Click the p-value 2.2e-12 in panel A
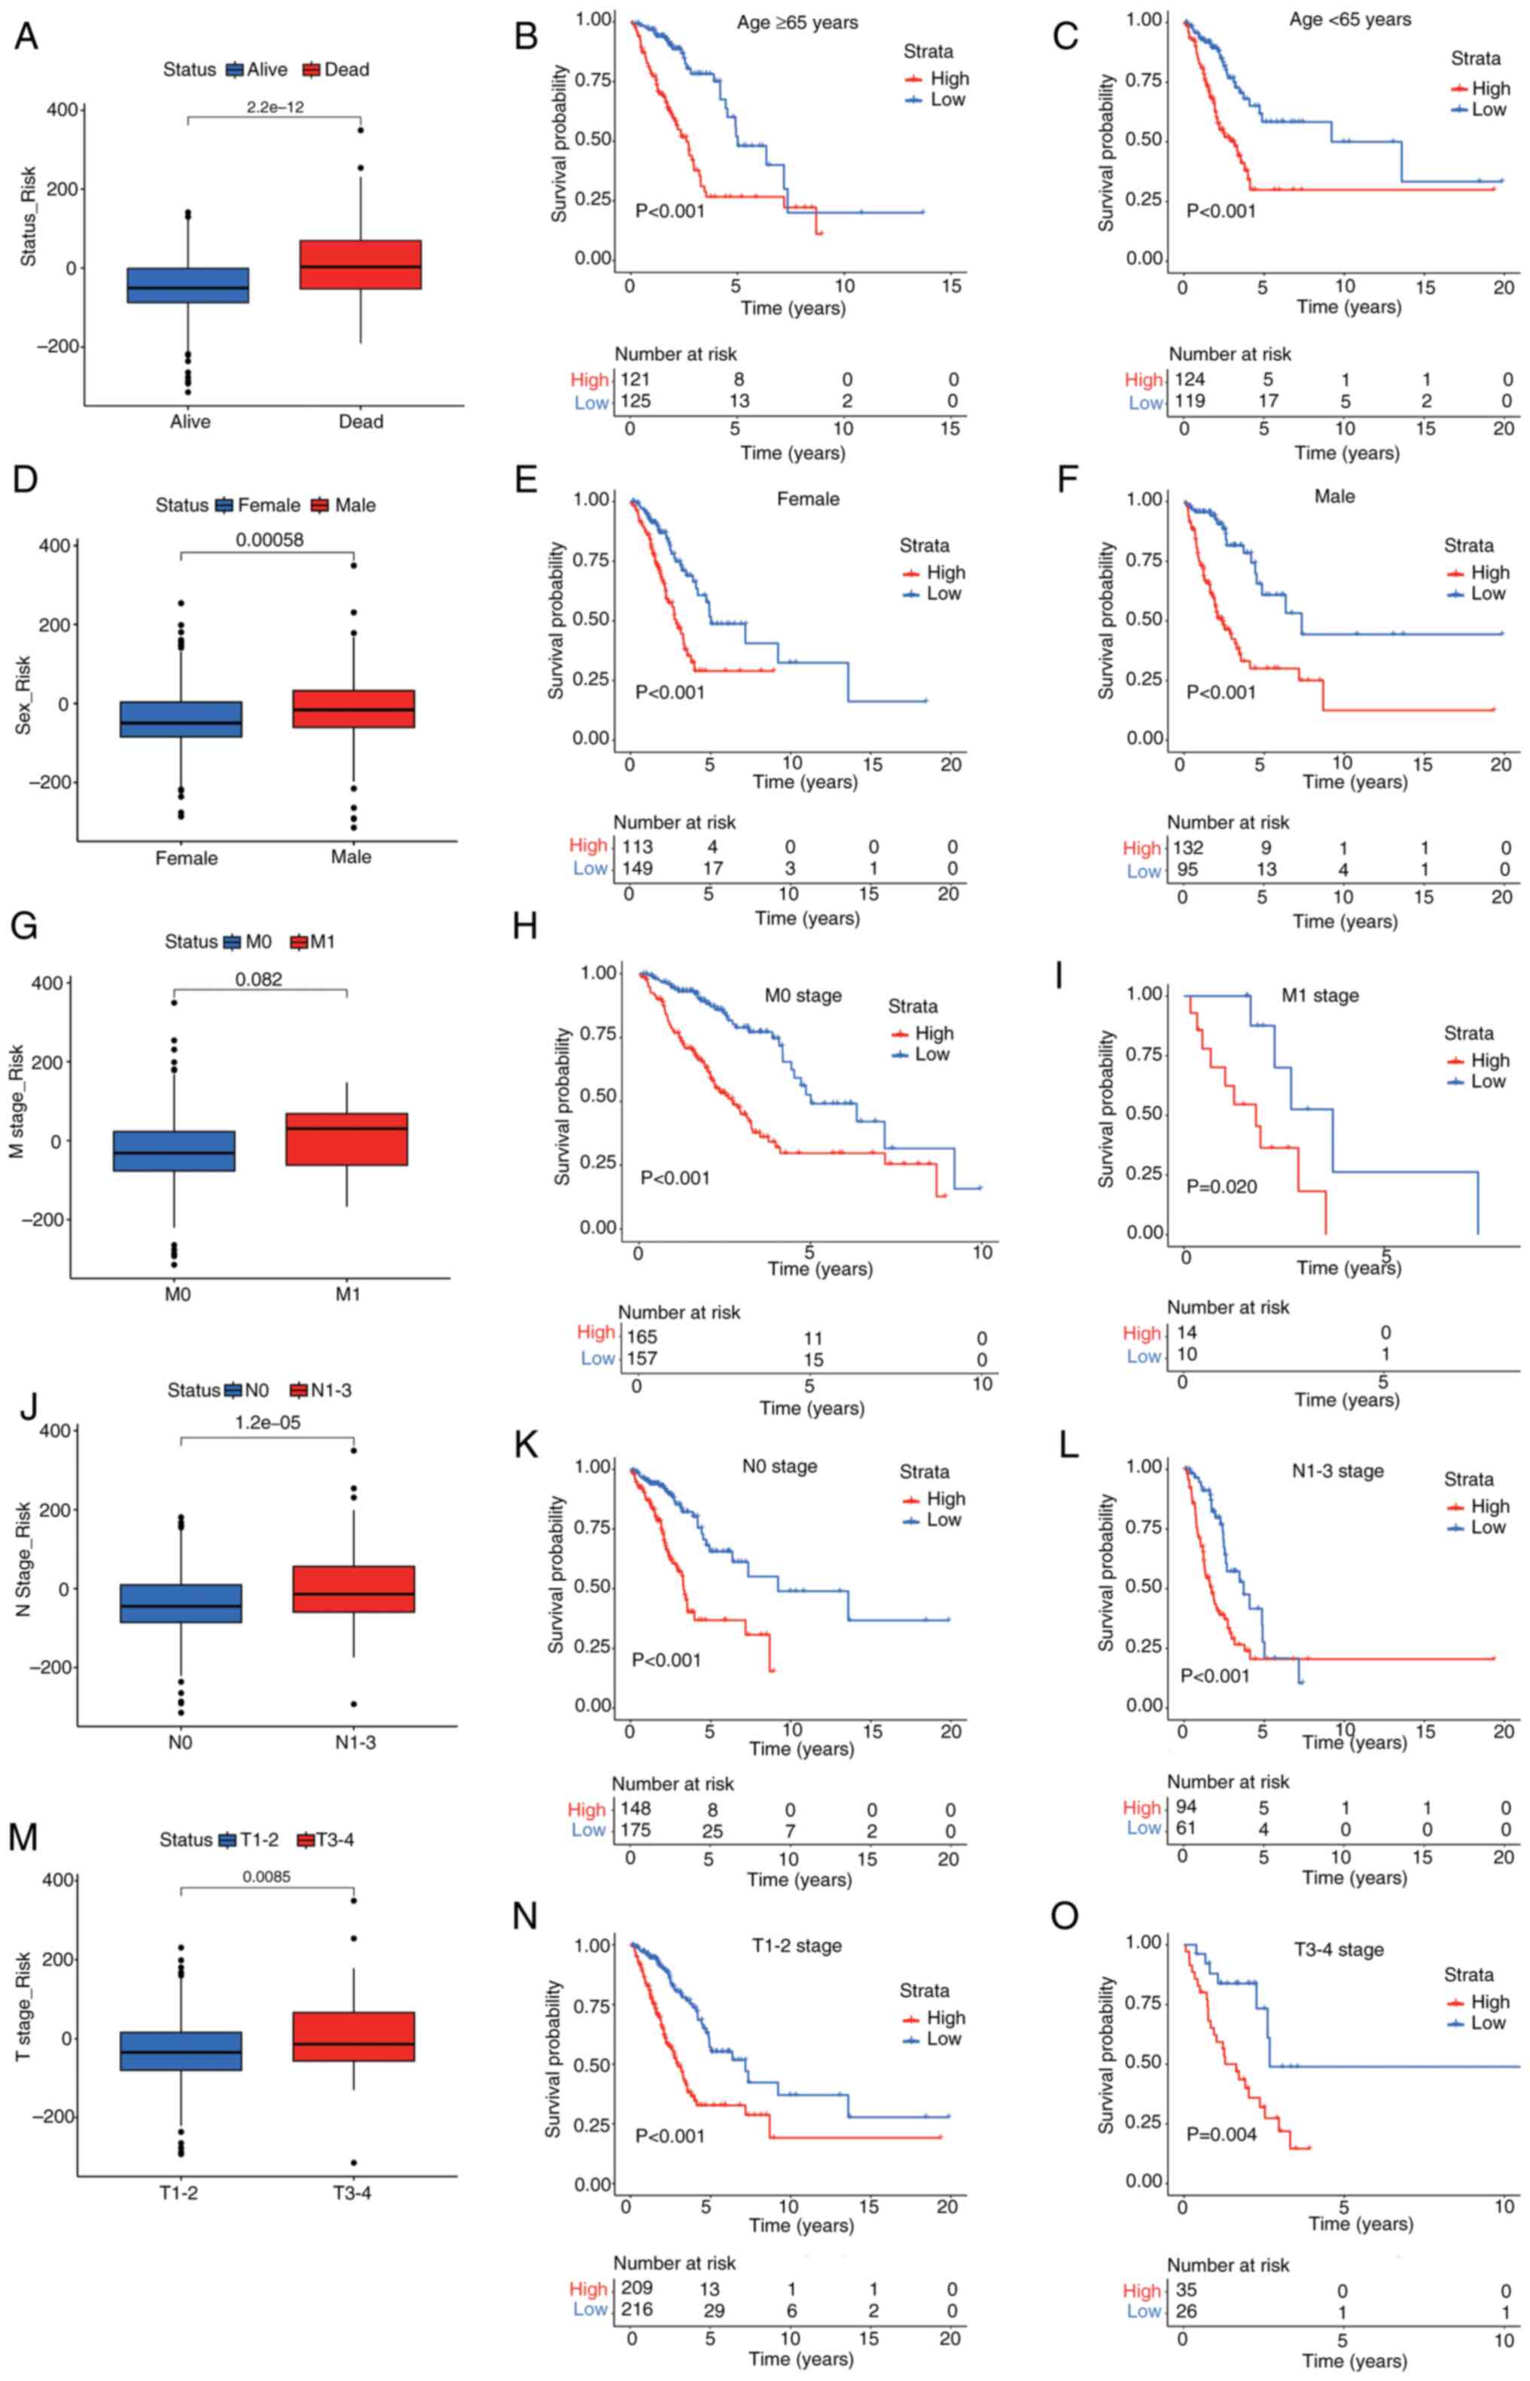(x=275, y=107)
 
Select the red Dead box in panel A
(x=360, y=264)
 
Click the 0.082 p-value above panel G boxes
(x=258, y=980)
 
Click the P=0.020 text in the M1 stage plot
(x=1221, y=1186)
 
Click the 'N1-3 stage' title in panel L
(x=1337, y=1471)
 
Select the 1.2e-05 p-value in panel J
(x=268, y=1422)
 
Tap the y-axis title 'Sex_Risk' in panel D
(x=23, y=694)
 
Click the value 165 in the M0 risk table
(x=641, y=1337)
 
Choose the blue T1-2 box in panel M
(x=181, y=2036)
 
